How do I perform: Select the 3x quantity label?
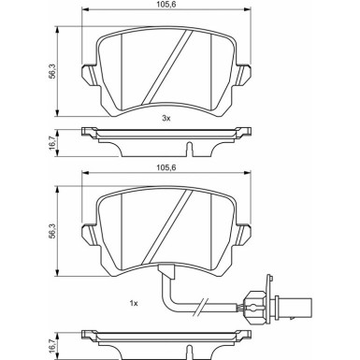pos(166,119)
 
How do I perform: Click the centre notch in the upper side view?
pos(189,147)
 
